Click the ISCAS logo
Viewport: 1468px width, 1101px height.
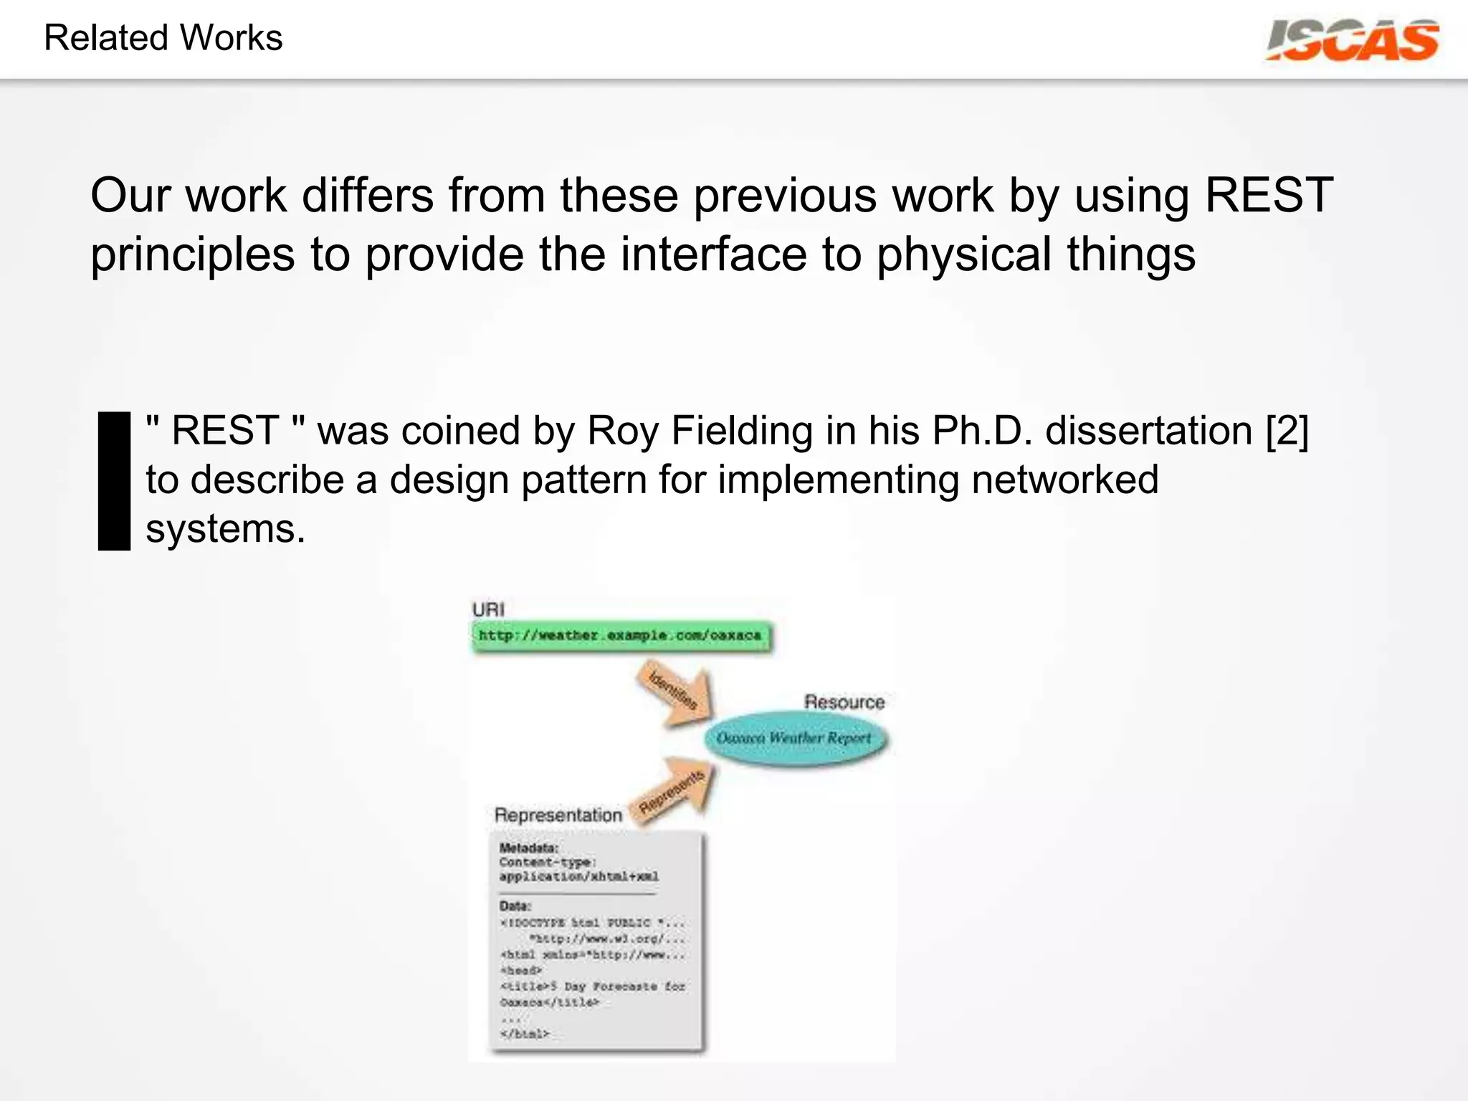point(1352,41)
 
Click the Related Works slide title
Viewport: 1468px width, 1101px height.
point(163,38)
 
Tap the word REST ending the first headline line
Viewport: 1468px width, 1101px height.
point(1269,195)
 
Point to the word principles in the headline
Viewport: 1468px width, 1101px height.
point(192,255)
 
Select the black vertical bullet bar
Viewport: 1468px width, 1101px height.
point(114,481)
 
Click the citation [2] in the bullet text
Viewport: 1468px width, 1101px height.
point(1287,432)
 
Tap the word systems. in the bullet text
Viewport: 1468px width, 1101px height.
point(225,529)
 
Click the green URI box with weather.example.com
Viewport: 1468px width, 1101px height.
point(621,636)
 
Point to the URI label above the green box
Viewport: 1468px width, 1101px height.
point(488,610)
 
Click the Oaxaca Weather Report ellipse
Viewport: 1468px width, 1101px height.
point(794,738)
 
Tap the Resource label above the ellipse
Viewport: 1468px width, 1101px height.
point(844,702)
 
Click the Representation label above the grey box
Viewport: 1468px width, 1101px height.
point(558,815)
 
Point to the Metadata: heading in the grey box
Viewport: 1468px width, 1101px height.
point(528,848)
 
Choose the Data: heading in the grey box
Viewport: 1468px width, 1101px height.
point(515,906)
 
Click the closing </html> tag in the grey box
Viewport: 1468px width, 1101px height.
point(525,1034)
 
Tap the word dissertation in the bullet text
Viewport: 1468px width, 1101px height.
point(1148,432)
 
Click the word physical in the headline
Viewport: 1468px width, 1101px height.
point(963,255)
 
